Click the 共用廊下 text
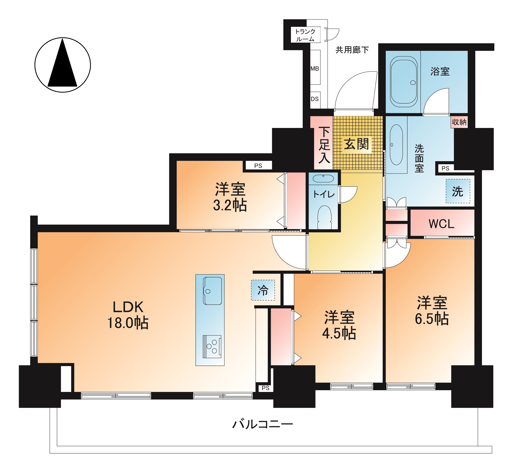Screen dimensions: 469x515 coord(352,50)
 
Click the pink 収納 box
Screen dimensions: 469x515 coord(459,122)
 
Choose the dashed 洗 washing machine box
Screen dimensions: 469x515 coord(458,191)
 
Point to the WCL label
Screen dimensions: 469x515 coord(441,224)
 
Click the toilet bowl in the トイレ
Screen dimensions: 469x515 coord(324,217)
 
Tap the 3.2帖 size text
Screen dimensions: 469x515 coord(230,205)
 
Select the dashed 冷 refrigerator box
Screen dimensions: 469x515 coord(263,290)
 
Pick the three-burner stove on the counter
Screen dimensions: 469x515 coord(212,347)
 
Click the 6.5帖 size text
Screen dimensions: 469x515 coord(432,319)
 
